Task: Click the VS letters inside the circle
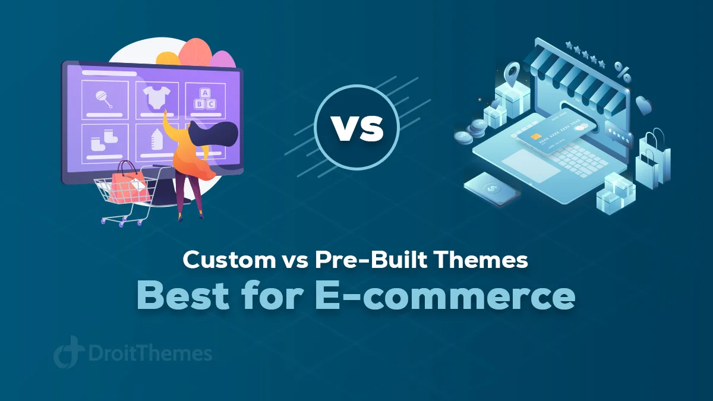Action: [357, 128]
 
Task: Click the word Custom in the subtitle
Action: [229, 260]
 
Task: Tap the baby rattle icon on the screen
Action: [104, 100]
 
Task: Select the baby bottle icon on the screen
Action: [157, 140]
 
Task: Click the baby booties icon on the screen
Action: [104, 140]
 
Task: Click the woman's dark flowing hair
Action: [214, 135]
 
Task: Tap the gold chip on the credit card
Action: [537, 137]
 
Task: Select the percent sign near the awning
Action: [622, 72]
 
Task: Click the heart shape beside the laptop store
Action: [643, 105]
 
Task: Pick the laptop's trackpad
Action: [531, 166]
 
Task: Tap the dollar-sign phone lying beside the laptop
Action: [492, 188]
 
